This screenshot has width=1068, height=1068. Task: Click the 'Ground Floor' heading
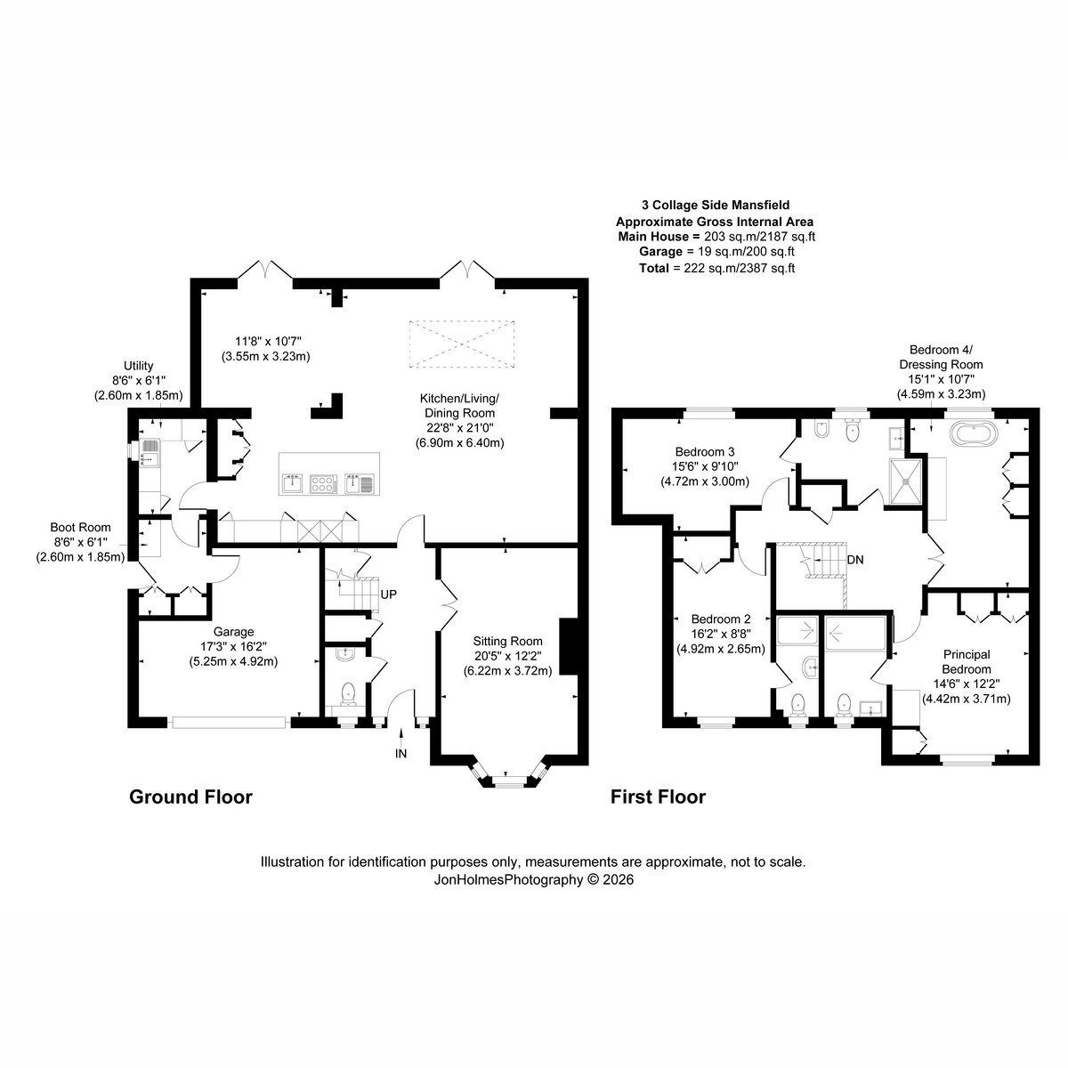pyautogui.click(x=190, y=797)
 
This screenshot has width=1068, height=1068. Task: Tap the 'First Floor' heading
pyautogui.click(x=658, y=797)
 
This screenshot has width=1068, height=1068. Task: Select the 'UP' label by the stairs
pyautogui.click(x=389, y=595)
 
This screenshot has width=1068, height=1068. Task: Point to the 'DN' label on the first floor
pyautogui.click(x=855, y=560)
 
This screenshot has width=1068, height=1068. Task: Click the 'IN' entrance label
pyautogui.click(x=400, y=754)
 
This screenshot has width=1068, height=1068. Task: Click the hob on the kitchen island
pyautogui.click(x=324, y=484)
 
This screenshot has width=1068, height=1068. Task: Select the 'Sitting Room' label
pyautogui.click(x=507, y=641)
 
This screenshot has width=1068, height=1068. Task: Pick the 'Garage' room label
pyautogui.click(x=234, y=632)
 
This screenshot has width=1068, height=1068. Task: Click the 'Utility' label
pyautogui.click(x=138, y=366)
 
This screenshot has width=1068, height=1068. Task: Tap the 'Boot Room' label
pyautogui.click(x=80, y=527)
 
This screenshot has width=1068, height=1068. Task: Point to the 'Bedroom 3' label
pyautogui.click(x=705, y=452)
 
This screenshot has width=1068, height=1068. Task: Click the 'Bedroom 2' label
pyautogui.click(x=721, y=619)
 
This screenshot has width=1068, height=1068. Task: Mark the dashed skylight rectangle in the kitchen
pyautogui.click(x=462, y=344)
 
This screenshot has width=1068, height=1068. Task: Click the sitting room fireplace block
pyautogui.click(x=569, y=647)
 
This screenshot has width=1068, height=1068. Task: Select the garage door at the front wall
pyautogui.click(x=229, y=722)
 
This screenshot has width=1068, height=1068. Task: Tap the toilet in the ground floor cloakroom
pyautogui.click(x=348, y=694)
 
